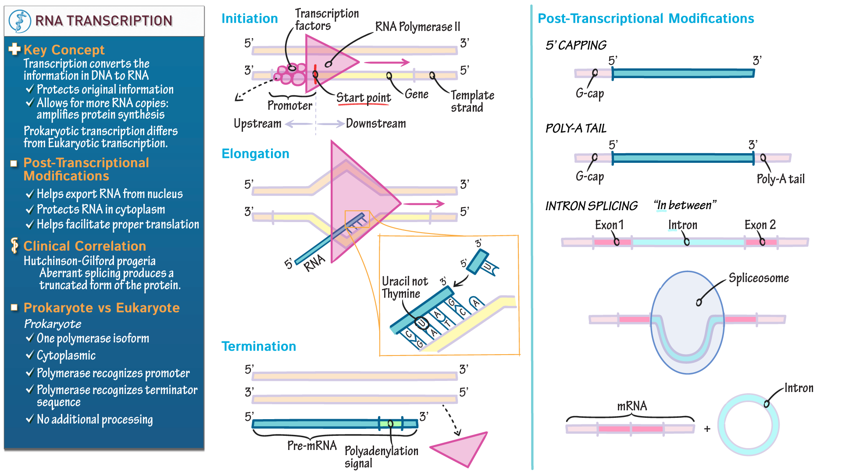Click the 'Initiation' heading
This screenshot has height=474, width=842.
[x=249, y=18]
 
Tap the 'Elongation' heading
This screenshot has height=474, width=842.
[x=255, y=154]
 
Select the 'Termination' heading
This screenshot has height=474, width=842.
[x=258, y=346]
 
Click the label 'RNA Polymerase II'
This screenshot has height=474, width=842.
[x=417, y=27]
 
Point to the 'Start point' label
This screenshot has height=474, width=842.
[x=363, y=97]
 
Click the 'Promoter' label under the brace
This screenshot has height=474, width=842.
[x=289, y=106]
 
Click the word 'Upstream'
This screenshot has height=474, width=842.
[x=257, y=124]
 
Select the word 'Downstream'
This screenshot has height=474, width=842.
[x=376, y=124]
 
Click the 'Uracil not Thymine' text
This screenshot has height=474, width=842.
[x=404, y=287]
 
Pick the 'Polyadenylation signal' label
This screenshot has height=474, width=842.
[x=381, y=456]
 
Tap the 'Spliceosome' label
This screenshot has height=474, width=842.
[x=758, y=278]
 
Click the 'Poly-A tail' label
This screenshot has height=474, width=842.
[x=780, y=179]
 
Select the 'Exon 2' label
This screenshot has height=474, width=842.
[x=760, y=225]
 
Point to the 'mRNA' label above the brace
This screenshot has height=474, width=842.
[x=631, y=406]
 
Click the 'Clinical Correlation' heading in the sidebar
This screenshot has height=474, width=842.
[x=84, y=246]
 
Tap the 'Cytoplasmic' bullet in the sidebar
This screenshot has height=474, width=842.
[x=66, y=355]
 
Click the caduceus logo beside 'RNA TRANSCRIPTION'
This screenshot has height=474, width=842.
[x=20, y=21]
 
